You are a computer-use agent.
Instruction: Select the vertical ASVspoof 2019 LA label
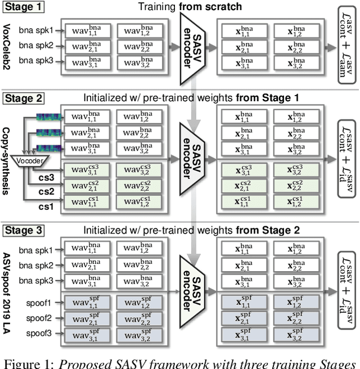[8, 292]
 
